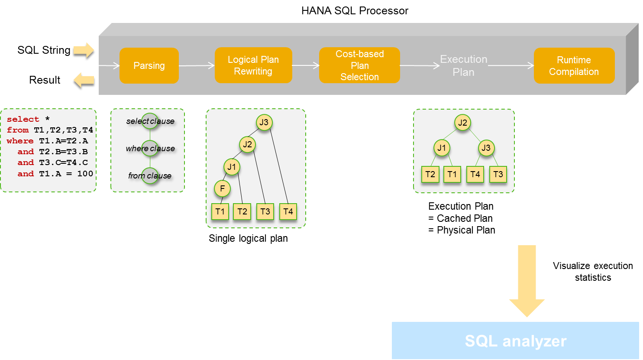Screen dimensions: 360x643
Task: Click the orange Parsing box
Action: pos(149,65)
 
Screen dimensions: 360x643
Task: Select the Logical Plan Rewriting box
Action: pos(253,65)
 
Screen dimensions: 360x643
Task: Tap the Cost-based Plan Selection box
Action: pos(359,65)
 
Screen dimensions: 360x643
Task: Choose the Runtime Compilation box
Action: pos(574,66)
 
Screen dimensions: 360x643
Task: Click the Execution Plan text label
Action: pos(463,65)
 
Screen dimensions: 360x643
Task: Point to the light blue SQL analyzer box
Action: pos(515,341)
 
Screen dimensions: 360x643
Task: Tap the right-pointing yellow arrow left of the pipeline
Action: pos(84,50)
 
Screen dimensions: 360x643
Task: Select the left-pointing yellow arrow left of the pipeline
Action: pos(84,80)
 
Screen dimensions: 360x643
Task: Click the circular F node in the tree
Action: pos(222,188)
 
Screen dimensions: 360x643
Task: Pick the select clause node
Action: pos(150,121)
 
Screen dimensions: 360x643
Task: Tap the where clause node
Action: pos(150,148)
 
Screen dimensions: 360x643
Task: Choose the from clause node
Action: pos(150,175)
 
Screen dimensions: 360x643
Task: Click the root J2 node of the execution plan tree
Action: pos(462,123)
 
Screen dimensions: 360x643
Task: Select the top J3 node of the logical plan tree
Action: pos(264,122)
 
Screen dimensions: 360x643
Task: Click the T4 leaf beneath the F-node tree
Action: pos(288,211)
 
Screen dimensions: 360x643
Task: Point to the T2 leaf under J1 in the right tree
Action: pos(430,174)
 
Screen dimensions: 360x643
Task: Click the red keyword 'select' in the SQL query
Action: pos(23,119)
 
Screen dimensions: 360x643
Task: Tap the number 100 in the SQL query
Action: pos(85,173)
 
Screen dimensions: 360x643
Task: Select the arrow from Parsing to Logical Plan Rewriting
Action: pos(197,66)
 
